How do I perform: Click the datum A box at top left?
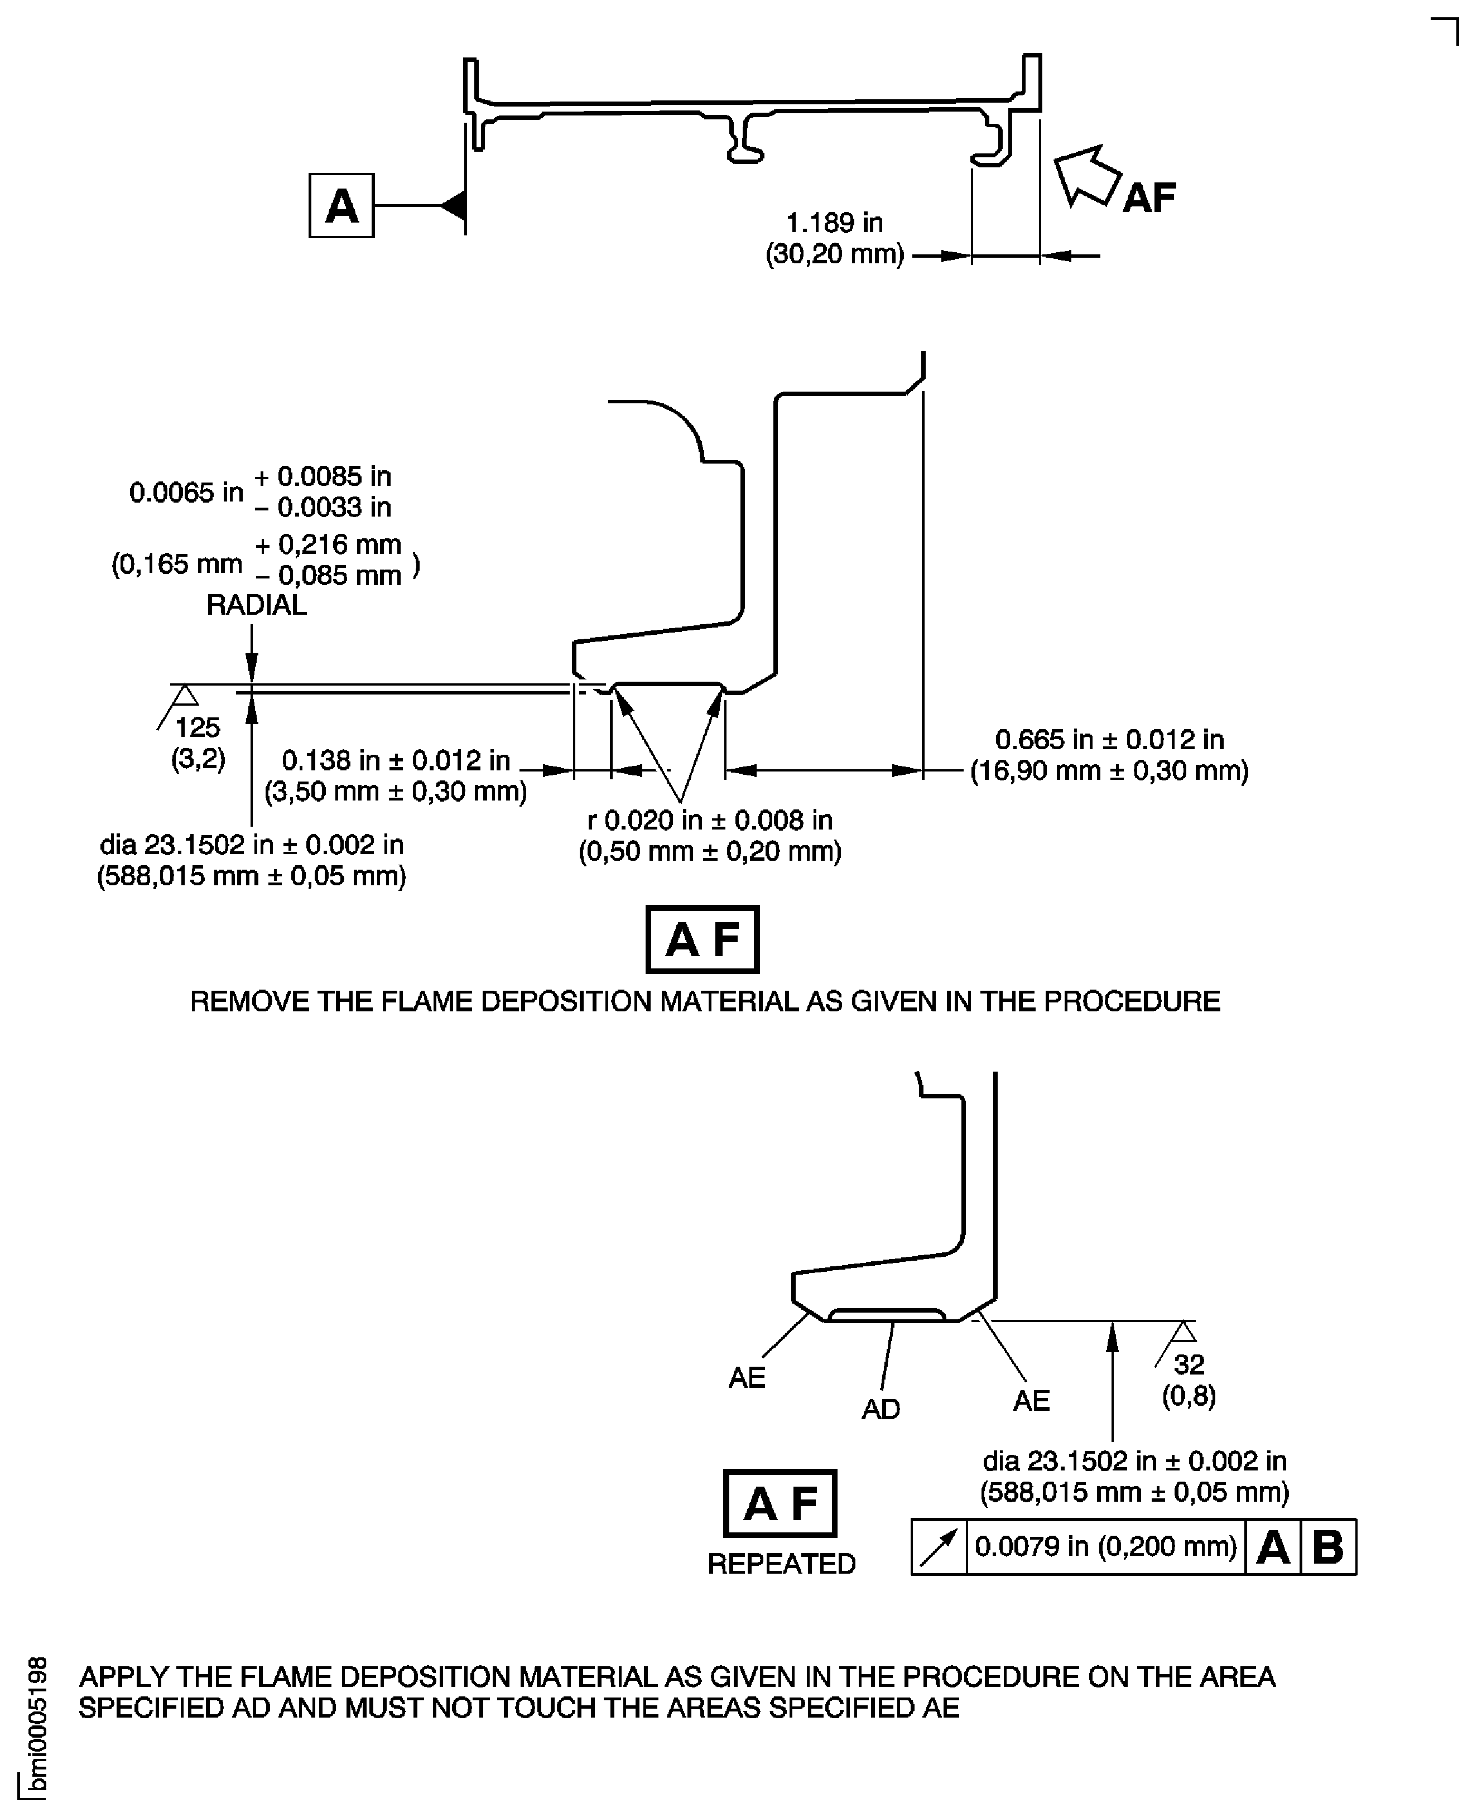tap(341, 206)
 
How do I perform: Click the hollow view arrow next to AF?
tap(1086, 176)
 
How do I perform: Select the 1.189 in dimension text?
tap(834, 223)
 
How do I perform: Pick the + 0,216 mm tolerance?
tap(329, 544)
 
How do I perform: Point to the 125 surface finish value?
tap(198, 727)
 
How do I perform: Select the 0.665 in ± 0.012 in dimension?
tap(1109, 739)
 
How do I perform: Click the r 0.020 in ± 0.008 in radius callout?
tap(710, 820)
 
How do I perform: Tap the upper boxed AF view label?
tap(702, 939)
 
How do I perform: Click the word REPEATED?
tap(781, 1564)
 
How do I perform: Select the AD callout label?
tap(881, 1410)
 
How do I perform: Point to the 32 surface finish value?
tap(1189, 1364)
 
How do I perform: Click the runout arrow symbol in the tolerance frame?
tap(939, 1547)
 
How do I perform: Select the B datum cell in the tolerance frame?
tap(1328, 1547)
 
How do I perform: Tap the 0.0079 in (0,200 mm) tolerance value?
tap(1105, 1547)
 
